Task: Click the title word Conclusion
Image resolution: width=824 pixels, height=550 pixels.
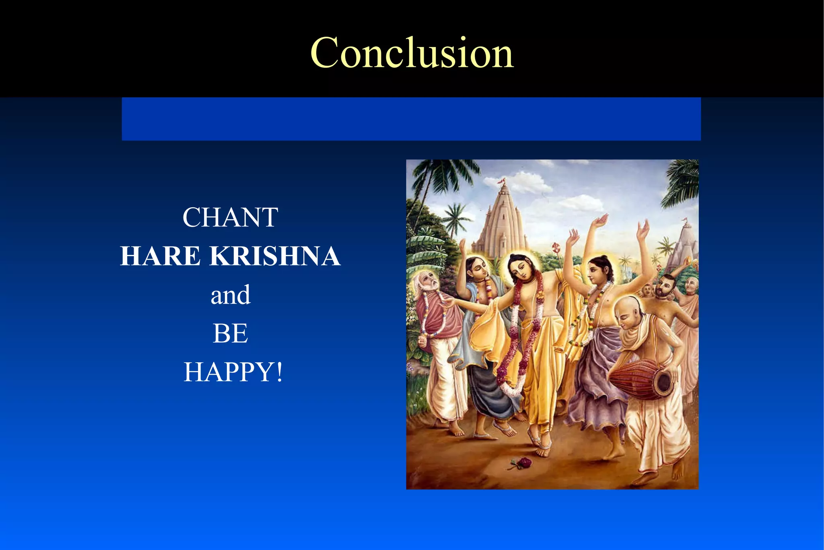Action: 412,53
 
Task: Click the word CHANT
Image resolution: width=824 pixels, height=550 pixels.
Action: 230,217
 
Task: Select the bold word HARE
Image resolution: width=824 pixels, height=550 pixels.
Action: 160,256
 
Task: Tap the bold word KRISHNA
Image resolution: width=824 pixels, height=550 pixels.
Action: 275,256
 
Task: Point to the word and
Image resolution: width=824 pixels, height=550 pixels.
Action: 231,295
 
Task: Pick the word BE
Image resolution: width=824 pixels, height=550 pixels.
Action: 230,333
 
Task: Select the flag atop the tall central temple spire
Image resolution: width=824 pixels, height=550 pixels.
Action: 501,182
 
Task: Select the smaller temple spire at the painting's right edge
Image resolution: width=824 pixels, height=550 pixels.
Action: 684,246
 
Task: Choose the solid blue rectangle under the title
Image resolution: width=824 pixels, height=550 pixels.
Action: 411,119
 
